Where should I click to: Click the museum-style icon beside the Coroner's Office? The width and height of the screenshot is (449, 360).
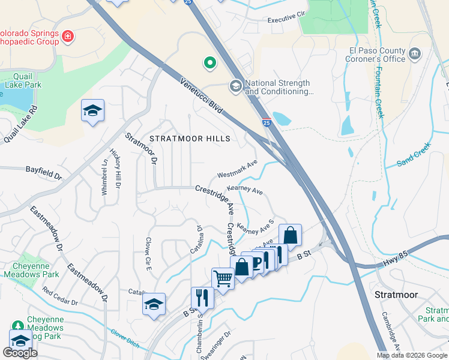tap(415, 55)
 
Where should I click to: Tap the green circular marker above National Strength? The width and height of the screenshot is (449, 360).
tap(209, 62)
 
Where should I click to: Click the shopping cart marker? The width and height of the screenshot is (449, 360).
tap(223, 278)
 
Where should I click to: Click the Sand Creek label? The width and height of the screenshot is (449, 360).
tap(414, 155)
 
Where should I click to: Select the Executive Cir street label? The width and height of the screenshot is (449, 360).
tap(287, 20)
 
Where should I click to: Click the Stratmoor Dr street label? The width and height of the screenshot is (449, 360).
tap(141, 149)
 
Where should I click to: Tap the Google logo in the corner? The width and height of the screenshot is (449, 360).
tap(20, 353)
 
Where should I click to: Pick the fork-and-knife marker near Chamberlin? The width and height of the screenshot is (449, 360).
tap(202, 296)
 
